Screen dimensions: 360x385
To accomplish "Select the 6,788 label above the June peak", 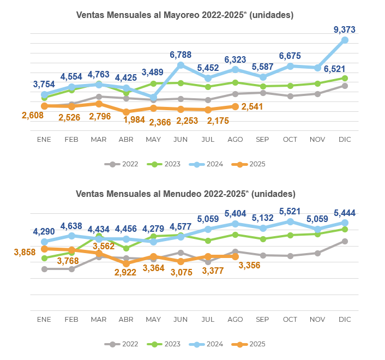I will pyautogui.click(x=181, y=55).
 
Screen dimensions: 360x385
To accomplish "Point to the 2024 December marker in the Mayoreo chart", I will pyautogui.click(x=345, y=40).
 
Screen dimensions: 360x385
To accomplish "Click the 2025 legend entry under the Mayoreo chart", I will pyautogui.click(x=248, y=164).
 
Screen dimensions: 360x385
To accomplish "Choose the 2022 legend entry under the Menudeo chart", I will pyautogui.click(x=124, y=344).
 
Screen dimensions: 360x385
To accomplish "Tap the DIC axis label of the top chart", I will pyautogui.click(x=345, y=140).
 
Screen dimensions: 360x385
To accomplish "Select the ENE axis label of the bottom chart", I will pyautogui.click(x=44, y=319).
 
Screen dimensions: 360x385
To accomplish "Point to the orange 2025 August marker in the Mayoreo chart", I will pyautogui.click(x=235, y=106).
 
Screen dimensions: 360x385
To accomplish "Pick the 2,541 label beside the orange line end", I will pyautogui.click(x=252, y=107).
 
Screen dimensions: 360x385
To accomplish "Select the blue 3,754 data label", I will pyautogui.click(x=44, y=84).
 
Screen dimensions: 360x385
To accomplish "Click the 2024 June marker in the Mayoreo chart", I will pyautogui.click(x=181, y=65).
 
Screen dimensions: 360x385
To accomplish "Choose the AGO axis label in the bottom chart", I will pyautogui.click(x=235, y=319).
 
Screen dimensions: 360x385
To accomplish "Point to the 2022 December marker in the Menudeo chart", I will pyautogui.click(x=345, y=241).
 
